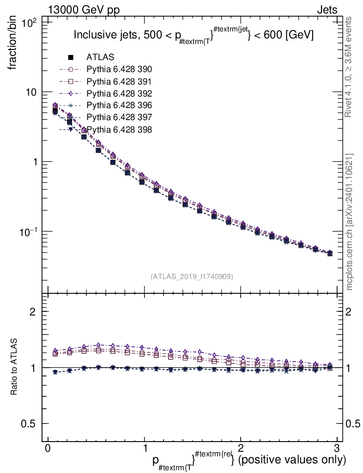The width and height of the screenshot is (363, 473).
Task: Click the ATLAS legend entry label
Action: (100, 57)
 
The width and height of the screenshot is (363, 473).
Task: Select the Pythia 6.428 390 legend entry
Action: (119, 69)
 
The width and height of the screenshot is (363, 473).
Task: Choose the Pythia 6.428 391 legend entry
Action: (119, 81)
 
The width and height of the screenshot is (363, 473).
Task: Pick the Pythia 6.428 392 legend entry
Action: (119, 93)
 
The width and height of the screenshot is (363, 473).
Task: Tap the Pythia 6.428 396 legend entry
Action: (119, 105)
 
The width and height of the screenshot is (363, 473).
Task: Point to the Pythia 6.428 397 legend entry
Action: (119, 117)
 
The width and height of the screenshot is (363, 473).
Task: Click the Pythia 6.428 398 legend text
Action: (119, 129)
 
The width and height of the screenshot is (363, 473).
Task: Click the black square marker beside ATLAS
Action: (71, 58)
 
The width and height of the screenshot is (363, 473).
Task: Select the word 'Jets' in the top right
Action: (327, 9)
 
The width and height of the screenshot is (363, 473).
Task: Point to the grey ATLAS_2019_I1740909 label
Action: (192, 276)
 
